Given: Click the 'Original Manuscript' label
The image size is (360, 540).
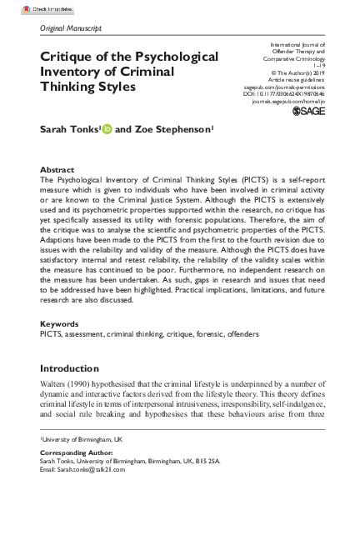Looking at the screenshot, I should point(71,28).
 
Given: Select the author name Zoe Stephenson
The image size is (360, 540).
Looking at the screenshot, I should point(172,131).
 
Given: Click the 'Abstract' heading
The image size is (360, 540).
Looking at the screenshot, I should point(57,169).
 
